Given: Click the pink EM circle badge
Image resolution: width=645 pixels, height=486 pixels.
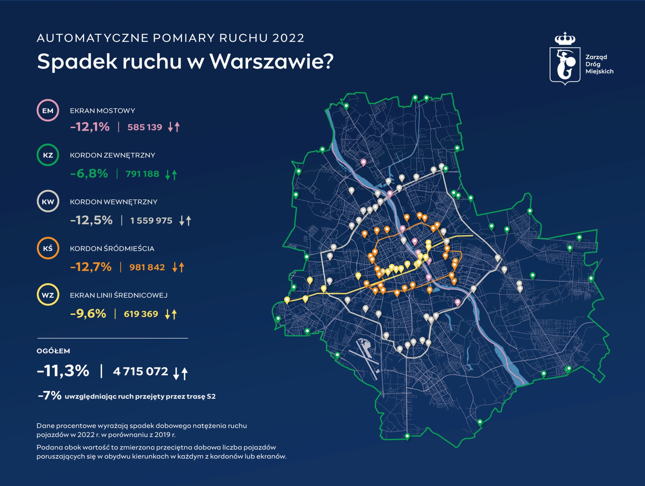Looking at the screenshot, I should [x=48, y=111].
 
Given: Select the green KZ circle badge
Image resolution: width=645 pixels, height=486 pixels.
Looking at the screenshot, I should [x=48, y=155].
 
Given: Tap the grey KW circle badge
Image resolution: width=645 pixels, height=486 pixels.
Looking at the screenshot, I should [x=48, y=201].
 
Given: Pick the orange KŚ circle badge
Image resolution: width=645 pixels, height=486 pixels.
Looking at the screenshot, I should [x=48, y=248].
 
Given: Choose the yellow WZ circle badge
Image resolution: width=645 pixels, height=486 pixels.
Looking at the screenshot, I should [x=48, y=295].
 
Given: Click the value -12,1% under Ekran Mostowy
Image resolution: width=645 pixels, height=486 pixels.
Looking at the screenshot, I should [x=90, y=127].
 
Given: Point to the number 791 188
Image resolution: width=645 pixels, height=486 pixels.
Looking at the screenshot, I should [x=142, y=174].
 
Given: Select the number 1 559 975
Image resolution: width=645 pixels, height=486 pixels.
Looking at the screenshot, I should [x=151, y=220].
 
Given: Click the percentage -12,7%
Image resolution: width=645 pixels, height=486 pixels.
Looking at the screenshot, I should [x=91, y=267].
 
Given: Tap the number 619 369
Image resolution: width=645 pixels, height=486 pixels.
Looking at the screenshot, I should [x=141, y=314].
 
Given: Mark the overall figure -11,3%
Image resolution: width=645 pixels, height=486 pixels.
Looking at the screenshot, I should [x=63, y=371].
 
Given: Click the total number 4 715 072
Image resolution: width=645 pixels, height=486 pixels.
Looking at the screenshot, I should [x=141, y=371].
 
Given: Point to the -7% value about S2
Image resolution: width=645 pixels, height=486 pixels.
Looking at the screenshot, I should [x=50, y=396].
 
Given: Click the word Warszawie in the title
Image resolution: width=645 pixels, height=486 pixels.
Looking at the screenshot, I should [x=271, y=61].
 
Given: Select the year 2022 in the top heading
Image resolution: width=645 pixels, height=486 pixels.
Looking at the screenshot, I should [x=288, y=38].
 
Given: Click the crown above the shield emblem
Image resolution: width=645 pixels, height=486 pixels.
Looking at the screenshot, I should [x=565, y=39].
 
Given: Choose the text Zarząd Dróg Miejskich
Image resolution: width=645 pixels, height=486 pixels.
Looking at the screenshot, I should [x=599, y=64].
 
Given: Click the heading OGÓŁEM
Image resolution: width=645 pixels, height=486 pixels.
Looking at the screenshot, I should [x=53, y=351].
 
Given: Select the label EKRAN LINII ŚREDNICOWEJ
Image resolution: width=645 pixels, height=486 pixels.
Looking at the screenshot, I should [x=118, y=295].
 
